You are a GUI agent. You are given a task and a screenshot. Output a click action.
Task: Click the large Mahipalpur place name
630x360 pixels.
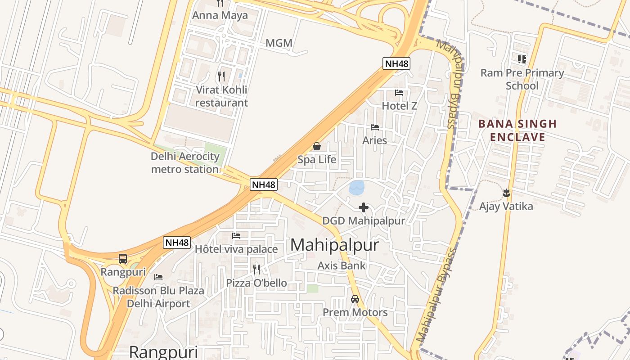point(334,245)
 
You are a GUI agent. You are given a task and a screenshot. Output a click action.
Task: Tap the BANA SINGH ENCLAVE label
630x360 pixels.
point(517,130)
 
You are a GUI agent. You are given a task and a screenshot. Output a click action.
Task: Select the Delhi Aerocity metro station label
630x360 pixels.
point(185,163)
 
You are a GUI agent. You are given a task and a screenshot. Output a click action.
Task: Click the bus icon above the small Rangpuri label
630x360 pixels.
point(123,259)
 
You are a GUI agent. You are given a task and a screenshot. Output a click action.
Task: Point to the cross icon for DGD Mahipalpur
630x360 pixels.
point(364,207)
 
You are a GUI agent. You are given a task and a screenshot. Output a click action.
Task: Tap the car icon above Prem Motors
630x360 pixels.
point(355,299)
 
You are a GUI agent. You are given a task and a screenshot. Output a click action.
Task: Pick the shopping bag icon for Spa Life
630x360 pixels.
point(317,146)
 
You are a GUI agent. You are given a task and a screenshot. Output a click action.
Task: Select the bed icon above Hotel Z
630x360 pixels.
point(399,93)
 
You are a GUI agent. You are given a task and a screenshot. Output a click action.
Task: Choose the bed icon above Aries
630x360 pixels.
point(375,127)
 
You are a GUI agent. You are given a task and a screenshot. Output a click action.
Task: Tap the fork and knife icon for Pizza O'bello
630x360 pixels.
point(256,269)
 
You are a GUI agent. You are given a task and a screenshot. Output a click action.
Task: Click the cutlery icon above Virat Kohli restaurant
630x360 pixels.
point(221,76)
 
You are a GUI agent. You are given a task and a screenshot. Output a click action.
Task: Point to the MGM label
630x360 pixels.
point(279,43)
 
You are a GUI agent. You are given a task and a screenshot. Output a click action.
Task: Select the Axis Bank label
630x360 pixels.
point(342,265)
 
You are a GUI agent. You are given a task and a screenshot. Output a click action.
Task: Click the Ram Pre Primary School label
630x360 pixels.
point(522,79)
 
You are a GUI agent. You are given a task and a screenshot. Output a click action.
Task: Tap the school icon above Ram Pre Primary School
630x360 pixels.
point(522,59)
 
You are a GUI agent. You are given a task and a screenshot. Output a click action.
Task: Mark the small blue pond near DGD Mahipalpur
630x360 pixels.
point(357,187)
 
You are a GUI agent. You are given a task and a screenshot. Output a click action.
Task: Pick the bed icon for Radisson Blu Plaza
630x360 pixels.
point(158,277)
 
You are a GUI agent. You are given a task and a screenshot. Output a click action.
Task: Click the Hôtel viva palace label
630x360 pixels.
point(236,249)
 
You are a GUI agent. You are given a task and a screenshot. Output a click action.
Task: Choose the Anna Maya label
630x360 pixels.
point(220,15)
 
